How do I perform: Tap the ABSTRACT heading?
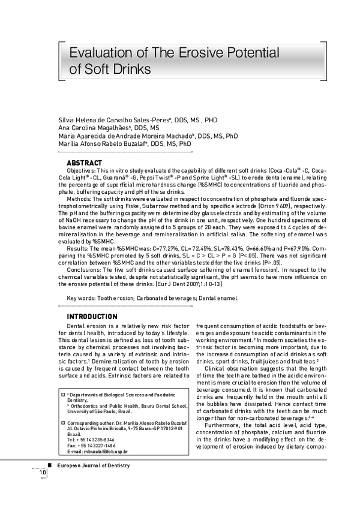click(x=84, y=163)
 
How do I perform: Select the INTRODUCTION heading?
click(x=92, y=317)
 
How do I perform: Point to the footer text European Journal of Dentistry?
click(x=92, y=466)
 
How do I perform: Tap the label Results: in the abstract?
click(x=79, y=247)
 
